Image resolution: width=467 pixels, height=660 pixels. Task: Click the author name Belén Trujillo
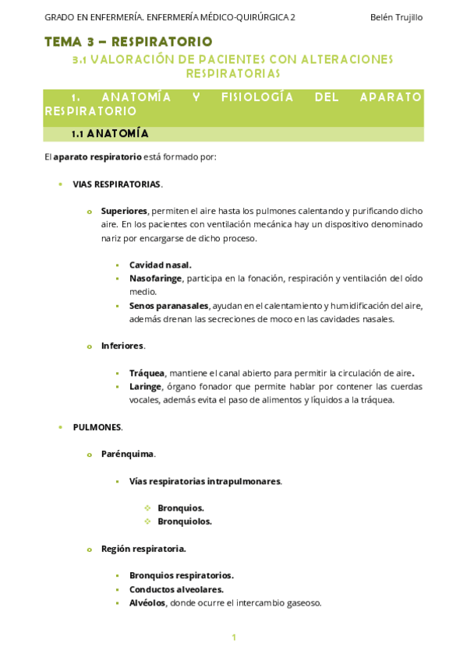tap(396, 17)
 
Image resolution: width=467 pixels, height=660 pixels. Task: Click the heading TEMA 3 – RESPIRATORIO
tap(128, 41)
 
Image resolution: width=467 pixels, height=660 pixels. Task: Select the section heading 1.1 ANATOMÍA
tap(110, 134)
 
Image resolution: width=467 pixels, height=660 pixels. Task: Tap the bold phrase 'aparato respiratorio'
tap(97, 157)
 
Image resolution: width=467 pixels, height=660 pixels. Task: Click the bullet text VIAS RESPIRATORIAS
tap(117, 184)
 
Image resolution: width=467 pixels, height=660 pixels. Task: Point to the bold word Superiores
tap(124, 211)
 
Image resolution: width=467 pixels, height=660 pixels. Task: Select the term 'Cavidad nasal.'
tap(160, 265)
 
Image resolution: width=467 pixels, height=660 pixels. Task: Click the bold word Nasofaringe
tap(155, 279)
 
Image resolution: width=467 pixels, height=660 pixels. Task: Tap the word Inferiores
tap(122, 346)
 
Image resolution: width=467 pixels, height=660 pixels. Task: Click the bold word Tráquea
tap(147, 373)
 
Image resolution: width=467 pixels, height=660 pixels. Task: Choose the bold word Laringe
tap(145, 387)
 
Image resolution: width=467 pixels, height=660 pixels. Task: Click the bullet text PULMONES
tap(97, 427)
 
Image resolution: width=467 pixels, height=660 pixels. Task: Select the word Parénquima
tap(127, 454)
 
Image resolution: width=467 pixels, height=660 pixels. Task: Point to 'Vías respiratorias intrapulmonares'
tap(205, 481)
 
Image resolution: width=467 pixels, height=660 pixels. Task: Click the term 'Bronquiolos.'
tap(185, 521)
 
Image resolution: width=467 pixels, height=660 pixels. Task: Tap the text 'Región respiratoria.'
tap(143, 549)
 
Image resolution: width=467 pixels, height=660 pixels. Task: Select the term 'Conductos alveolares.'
tap(176, 589)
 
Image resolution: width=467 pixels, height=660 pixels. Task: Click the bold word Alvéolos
tap(147, 602)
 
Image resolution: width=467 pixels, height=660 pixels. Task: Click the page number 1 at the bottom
tap(233, 638)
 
